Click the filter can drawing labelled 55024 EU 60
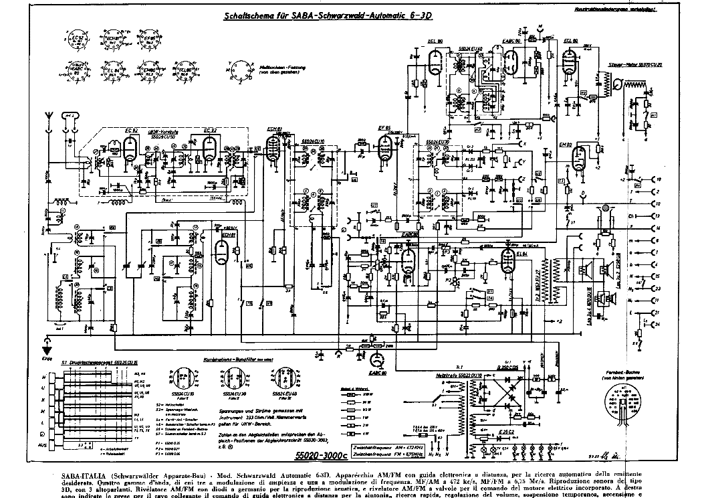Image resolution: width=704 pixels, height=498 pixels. (x=285, y=380)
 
